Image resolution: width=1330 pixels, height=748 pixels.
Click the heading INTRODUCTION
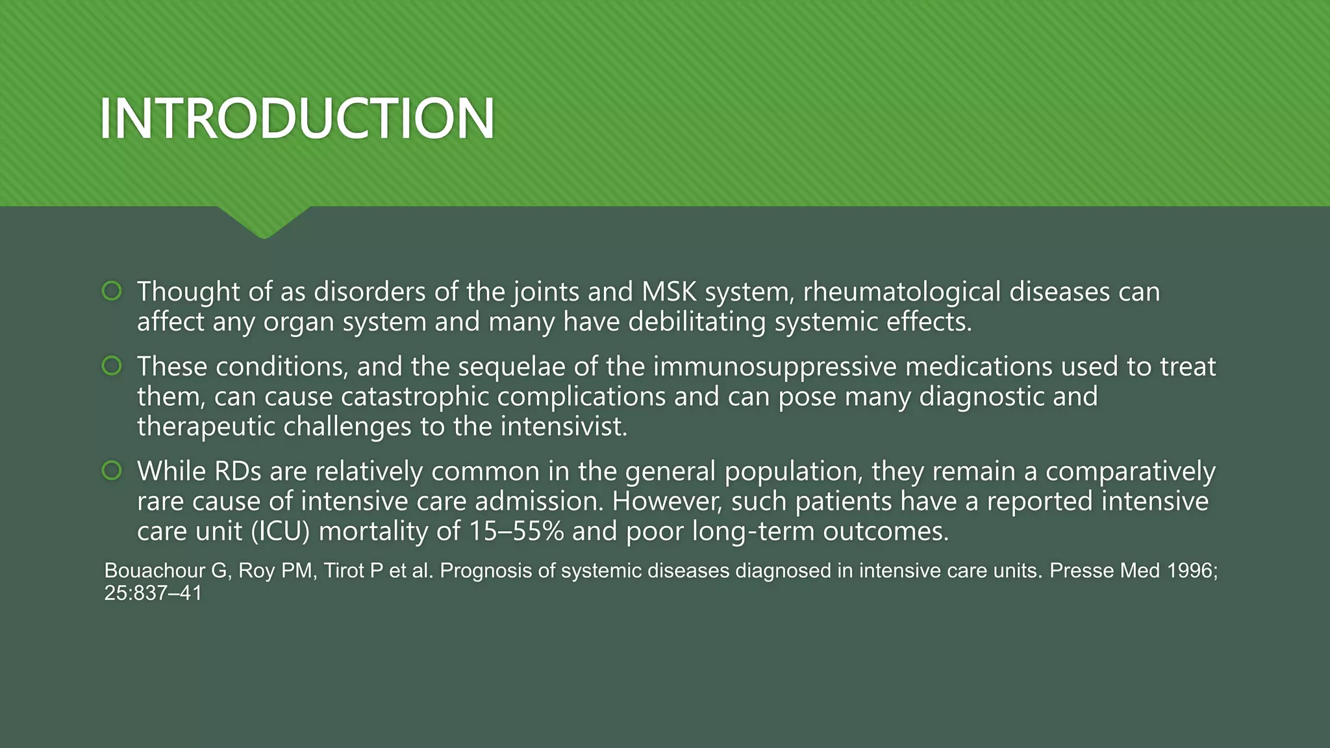297,118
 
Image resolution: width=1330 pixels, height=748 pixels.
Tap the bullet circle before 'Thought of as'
112,291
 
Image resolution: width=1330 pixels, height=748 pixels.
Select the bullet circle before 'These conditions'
112,366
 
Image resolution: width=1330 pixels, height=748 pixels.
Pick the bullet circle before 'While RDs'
112,471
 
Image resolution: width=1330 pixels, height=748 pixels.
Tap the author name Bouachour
155,571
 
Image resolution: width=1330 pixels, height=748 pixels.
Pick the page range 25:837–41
153,593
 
